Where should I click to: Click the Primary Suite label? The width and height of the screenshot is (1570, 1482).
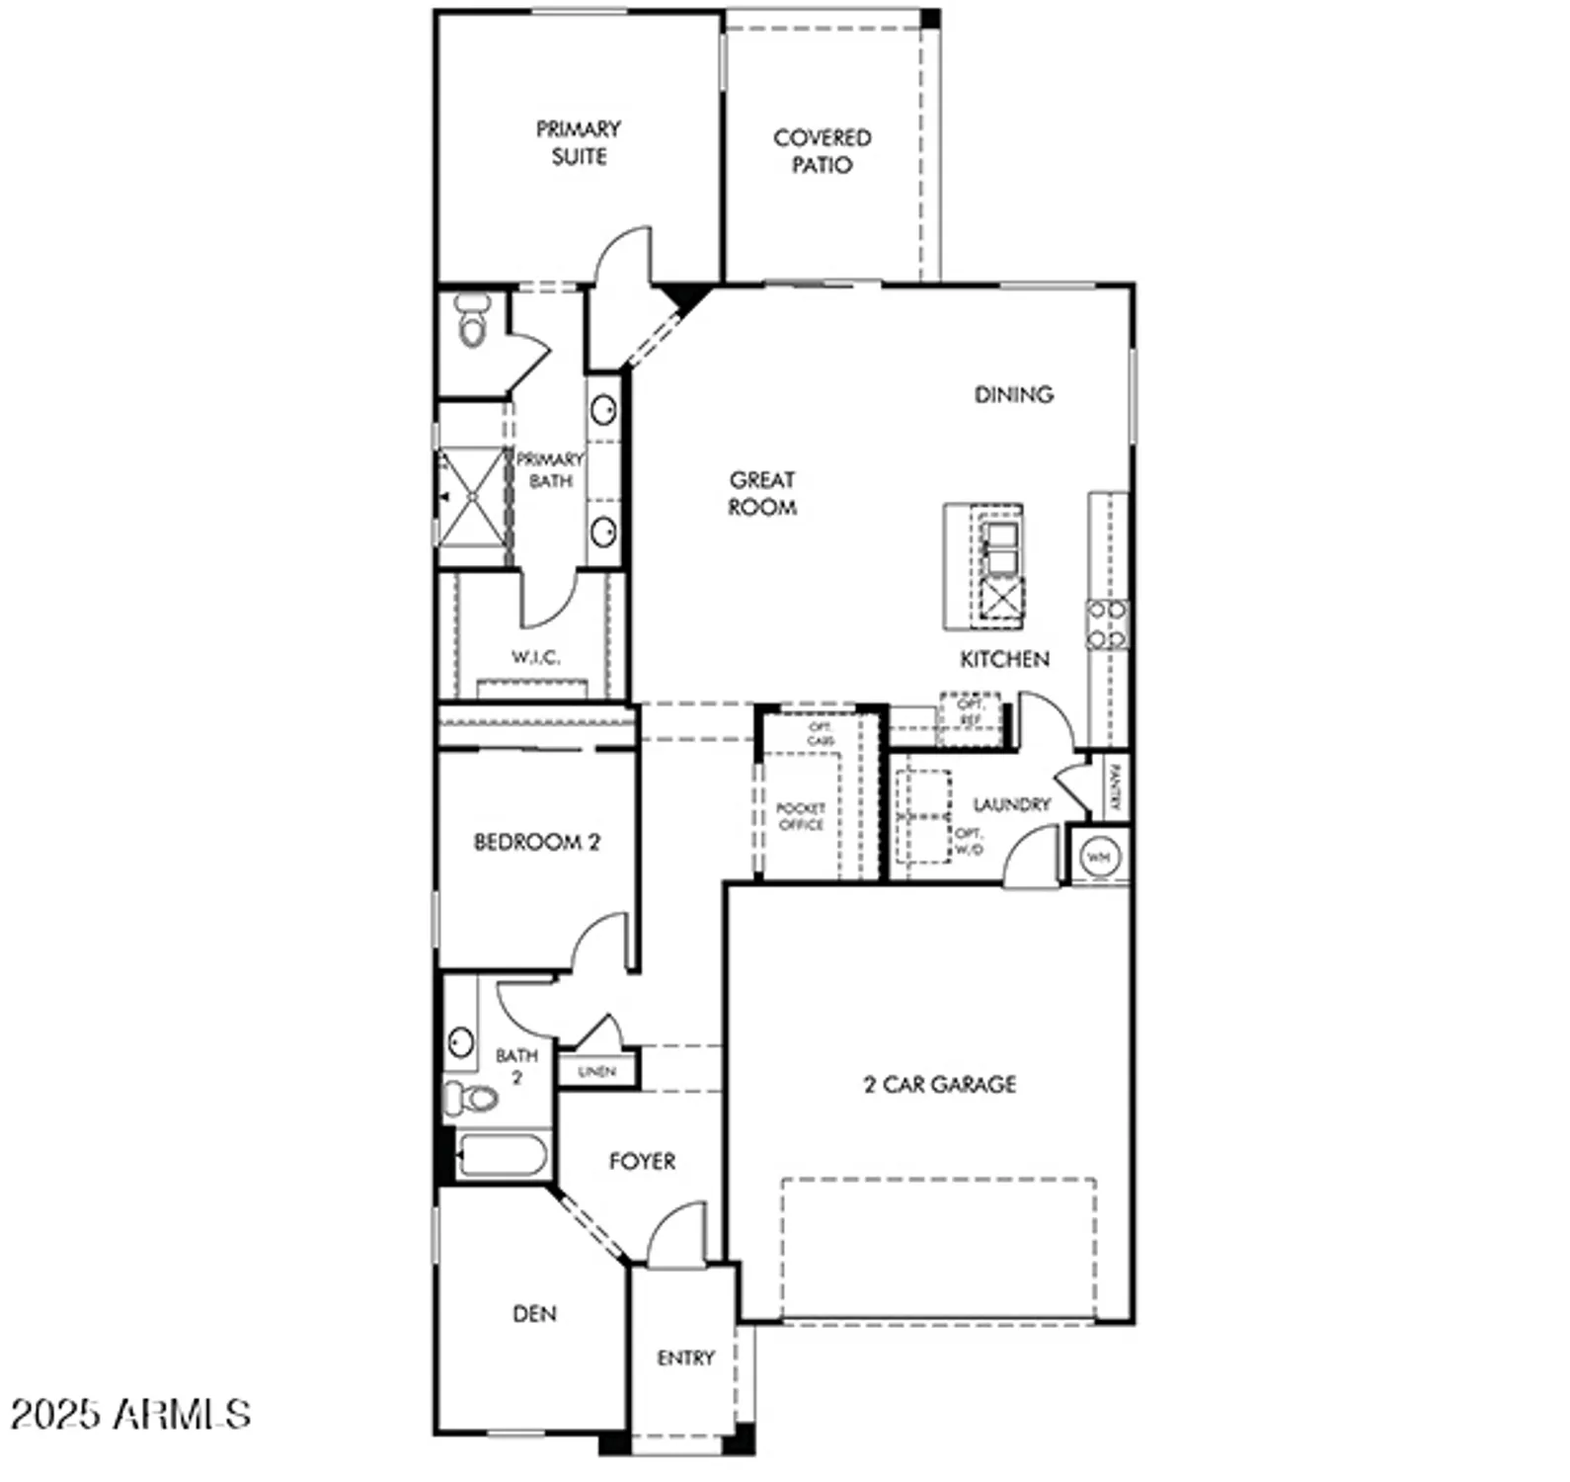point(579,142)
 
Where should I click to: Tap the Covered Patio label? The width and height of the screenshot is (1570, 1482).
point(822,151)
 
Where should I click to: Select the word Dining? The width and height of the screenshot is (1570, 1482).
point(1013,394)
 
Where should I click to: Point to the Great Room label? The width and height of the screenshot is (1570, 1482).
point(762,493)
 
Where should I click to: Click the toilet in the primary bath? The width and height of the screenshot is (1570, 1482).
point(473,320)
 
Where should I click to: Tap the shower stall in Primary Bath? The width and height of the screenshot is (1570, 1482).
point(472,497)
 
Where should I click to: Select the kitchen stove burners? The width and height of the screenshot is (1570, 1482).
point(1107,624)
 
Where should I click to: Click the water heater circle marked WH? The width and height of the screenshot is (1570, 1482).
point(1099,857)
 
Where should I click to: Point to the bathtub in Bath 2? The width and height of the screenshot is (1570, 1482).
point(502,1155)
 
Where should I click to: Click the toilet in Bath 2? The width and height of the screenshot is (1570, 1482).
point(471,1098)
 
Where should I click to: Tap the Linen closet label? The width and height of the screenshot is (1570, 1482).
point(596,1071)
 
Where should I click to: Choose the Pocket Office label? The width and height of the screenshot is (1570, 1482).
point(801,816)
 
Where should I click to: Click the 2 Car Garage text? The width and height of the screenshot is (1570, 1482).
point(939,1084)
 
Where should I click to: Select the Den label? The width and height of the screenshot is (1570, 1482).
point(534,1313)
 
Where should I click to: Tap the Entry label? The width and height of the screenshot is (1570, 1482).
point(685,1358)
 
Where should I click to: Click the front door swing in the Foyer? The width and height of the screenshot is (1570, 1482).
point(678,1231)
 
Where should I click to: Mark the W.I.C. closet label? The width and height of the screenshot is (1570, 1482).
point(535,657)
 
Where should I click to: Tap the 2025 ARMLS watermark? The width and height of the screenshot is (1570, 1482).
point(130,1414)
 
